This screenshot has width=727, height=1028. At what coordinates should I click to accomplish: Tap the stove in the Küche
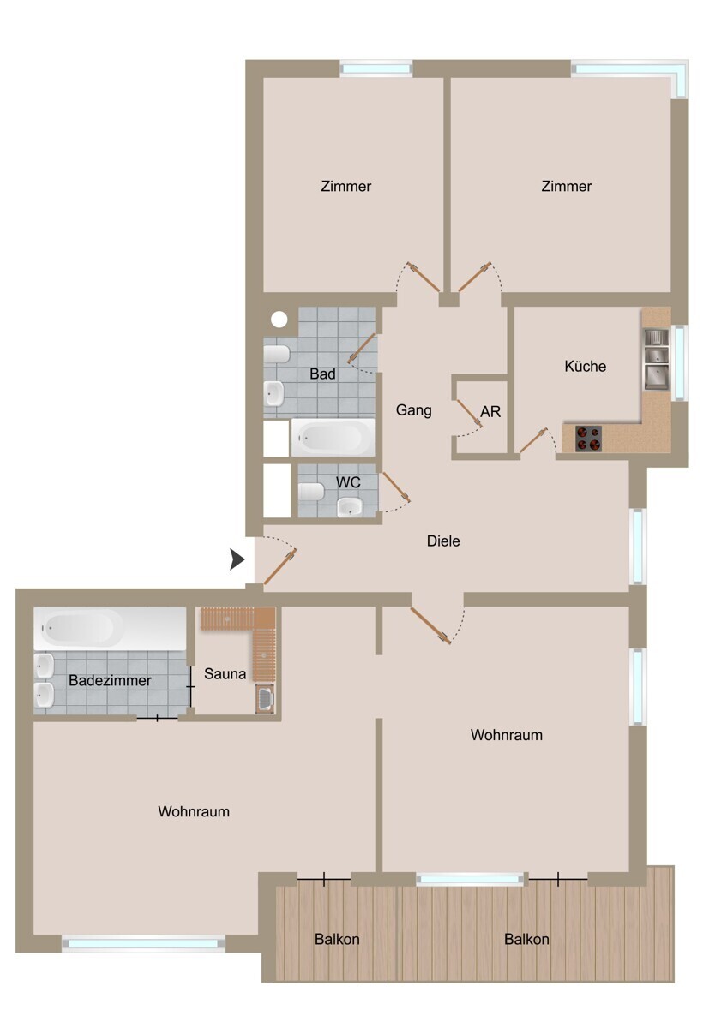588,438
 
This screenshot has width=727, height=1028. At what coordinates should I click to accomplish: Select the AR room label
490,412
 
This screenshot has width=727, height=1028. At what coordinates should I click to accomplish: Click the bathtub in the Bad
333,438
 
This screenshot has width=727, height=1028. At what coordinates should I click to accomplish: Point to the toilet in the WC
311,492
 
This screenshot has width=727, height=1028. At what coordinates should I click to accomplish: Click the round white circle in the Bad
279,320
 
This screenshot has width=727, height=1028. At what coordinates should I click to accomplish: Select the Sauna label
225,674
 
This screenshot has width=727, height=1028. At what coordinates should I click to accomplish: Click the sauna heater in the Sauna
264,700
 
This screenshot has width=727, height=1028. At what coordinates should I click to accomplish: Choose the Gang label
413,410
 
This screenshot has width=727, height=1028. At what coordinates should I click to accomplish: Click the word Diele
443,541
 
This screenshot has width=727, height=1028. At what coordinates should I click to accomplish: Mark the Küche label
585,366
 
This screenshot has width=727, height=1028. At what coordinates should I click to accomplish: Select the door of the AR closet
469,414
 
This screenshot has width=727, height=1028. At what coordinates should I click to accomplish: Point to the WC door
396,488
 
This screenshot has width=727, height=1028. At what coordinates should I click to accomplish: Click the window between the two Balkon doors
470,879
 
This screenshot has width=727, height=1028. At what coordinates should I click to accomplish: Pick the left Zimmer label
345,186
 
